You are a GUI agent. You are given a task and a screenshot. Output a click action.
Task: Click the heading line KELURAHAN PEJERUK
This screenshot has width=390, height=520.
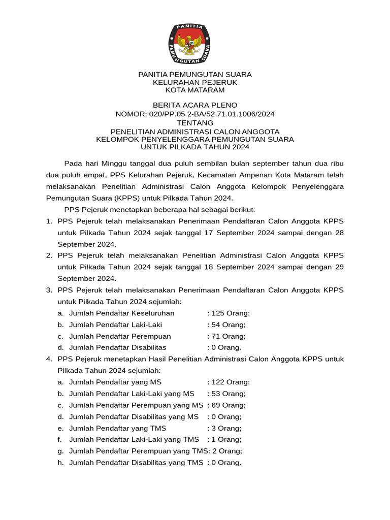[x=195, y=82]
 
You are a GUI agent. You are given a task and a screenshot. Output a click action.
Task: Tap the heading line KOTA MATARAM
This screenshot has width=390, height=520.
[x=195, y=90]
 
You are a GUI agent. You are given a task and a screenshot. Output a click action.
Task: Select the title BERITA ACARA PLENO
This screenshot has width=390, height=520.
[x=195, y=105]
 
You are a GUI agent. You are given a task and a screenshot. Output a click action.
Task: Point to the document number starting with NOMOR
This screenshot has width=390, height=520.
[x=195, y=114]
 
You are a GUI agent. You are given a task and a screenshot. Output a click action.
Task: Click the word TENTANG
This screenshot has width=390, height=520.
[x=195, y=123]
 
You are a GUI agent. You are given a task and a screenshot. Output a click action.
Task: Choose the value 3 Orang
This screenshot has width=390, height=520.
[x=226, y=428]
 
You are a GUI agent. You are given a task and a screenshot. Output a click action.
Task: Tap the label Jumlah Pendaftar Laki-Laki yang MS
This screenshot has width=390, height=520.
[x=132, y=394]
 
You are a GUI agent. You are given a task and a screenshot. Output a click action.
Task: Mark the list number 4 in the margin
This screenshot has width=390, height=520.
[x=49, y=359]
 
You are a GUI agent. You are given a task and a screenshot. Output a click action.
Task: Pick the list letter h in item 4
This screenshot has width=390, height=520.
[x=60, y=463]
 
